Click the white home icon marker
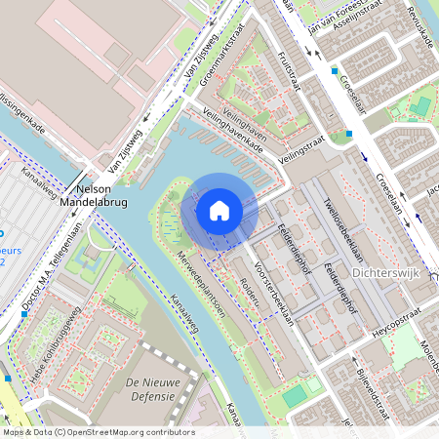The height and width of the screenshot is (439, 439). point(219,210)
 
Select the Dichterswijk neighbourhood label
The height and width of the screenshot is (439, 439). point(384,274)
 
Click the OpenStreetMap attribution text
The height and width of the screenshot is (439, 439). point(98,432)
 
